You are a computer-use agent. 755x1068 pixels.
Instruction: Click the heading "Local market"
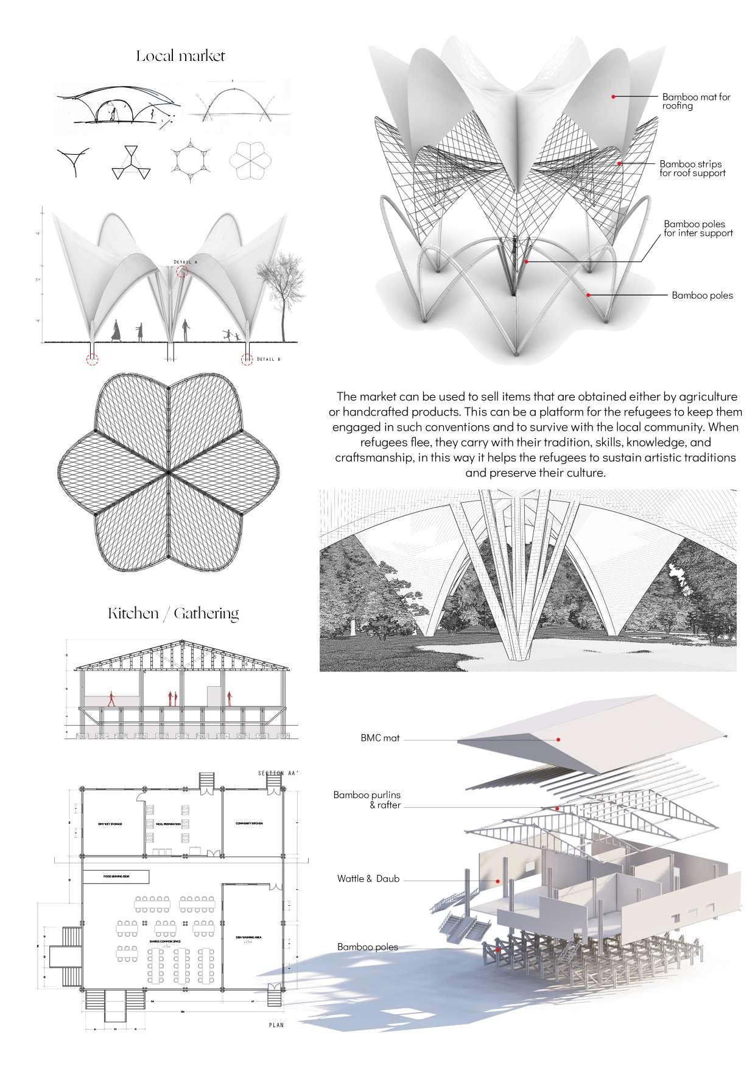(x=181, y=57)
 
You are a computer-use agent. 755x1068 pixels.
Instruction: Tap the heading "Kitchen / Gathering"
(x=174, y=614)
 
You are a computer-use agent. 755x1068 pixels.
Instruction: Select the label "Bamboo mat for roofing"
(x=696, y=101)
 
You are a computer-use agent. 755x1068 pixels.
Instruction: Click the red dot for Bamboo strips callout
(x=619, y=163)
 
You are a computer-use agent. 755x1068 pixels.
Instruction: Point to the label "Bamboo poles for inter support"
(x=698, y=228)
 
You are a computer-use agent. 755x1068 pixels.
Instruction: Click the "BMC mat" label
(x=380, y=738)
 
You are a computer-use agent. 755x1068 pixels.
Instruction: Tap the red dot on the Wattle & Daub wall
(x=498, y=881)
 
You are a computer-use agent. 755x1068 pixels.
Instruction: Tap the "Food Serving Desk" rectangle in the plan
(x=116, y=877)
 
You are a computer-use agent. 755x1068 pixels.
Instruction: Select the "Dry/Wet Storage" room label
(x=110, y=824)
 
